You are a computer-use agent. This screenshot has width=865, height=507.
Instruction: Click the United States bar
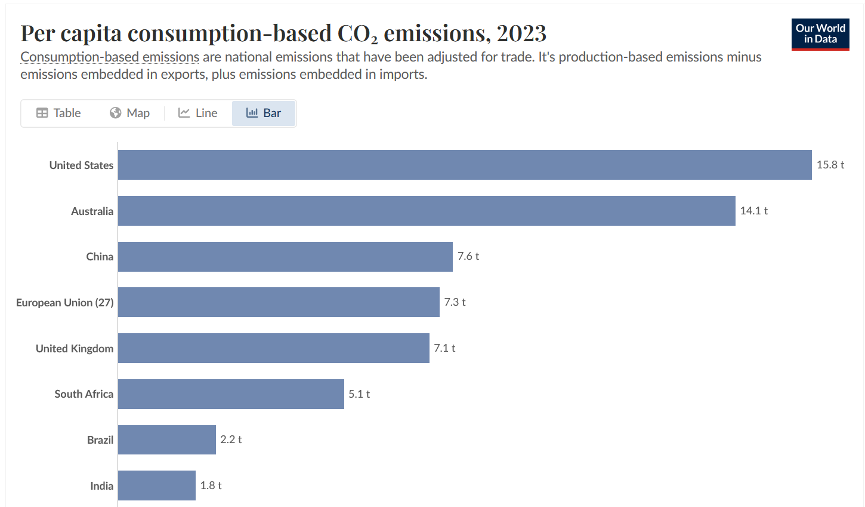[465, 165]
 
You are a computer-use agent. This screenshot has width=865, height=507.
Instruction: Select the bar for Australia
[427, 211]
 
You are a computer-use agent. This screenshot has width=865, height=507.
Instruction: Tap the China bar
[285, 257]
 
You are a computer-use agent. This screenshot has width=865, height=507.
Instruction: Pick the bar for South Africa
[231, 394]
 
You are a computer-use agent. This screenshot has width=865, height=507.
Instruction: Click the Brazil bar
[167, 440]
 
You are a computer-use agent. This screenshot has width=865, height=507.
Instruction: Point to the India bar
[157, 486]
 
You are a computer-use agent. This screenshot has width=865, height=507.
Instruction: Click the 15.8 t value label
[830, 165]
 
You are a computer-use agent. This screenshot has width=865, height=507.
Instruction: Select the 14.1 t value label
[753, 211]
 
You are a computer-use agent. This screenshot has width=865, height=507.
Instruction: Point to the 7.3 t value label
[455, 302]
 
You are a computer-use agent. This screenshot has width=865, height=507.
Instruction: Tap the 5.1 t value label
[359, 394]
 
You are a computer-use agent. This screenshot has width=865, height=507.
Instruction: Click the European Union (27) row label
[64, 303]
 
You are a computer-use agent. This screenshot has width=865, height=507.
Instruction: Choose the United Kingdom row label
[75, 349]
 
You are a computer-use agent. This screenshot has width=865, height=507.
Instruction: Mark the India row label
[101, 486]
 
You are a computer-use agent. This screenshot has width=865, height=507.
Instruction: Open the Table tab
[58, 113]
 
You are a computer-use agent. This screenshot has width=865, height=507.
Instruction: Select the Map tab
[129, 113]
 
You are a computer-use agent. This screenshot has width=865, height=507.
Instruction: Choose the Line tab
[198, 113]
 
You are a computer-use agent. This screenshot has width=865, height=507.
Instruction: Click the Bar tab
[264, 113]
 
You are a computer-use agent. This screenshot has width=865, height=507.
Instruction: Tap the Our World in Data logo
[820, 34]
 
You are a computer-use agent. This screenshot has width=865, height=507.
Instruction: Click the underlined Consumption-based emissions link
[110, 57]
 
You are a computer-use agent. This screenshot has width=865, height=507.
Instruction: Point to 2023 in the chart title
[521, 33]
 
